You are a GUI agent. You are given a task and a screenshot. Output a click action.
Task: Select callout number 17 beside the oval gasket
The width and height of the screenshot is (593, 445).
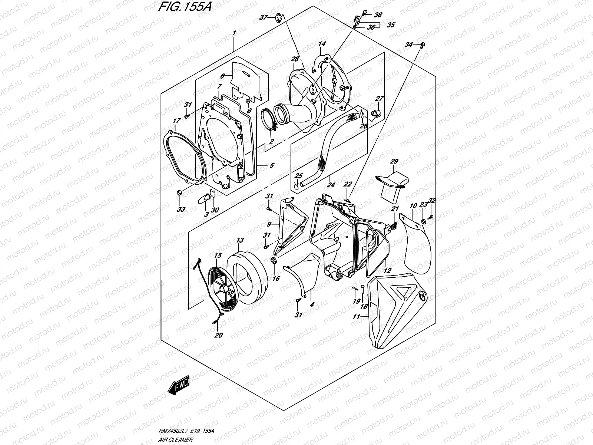pos(176,121)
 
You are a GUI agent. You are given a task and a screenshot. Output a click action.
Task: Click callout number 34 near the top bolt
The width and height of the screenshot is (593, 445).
pos(408,45)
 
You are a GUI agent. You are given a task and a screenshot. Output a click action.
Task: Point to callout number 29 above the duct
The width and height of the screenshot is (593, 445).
pos(394,161)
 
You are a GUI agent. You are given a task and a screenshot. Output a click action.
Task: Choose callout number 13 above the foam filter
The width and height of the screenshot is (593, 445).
pos(240,241)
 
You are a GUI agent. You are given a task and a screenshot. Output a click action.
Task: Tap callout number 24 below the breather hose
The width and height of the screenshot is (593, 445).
pos(330,183)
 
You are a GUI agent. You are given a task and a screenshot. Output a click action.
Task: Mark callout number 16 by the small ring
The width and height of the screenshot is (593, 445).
pos(276,278)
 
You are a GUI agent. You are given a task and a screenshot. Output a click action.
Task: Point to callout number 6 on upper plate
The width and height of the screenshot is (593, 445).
pos(223,76)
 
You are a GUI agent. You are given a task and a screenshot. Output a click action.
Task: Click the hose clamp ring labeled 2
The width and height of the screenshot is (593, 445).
pos(271,119)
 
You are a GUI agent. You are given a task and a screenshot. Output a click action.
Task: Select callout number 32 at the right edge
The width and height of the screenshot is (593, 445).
pos(432,201)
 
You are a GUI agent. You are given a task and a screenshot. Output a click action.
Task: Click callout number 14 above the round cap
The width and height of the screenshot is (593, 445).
pos(322,44)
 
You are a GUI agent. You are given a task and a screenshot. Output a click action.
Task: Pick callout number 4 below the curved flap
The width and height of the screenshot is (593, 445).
pos(312,304)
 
